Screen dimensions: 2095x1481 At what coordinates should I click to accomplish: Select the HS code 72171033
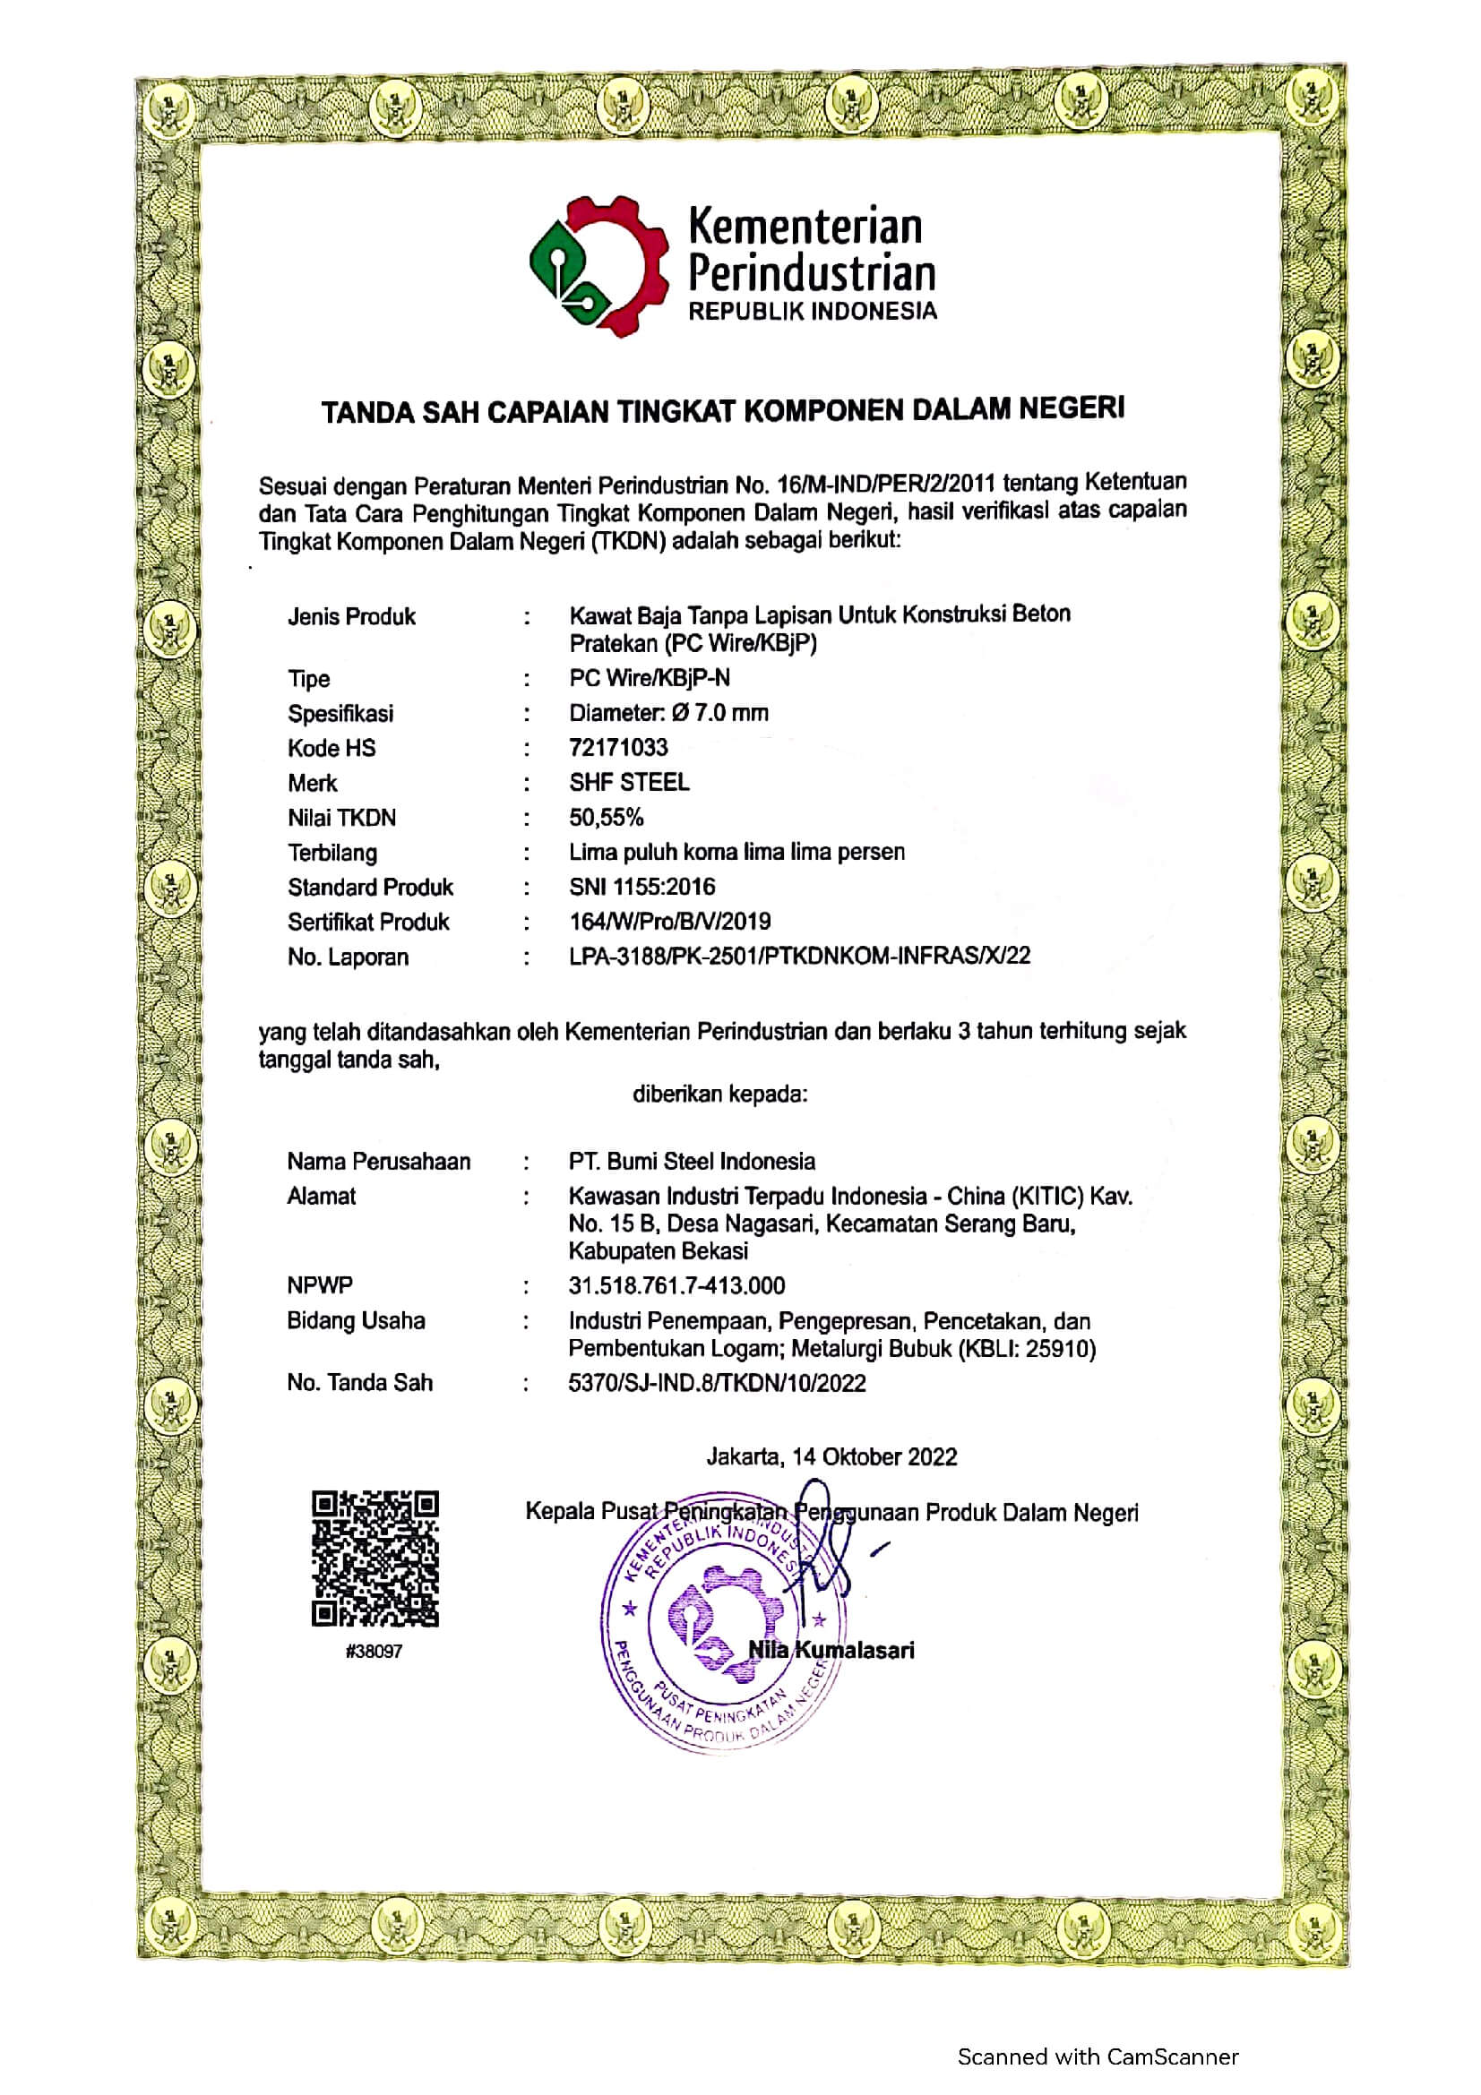(618, 747)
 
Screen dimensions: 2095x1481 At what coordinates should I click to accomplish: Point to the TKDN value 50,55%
(606, 817)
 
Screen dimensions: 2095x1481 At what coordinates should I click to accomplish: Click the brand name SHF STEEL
(629, 782)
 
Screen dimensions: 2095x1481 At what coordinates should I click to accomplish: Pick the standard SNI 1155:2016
(641, 886)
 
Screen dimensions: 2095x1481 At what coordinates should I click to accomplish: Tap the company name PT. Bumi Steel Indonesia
(691, 1161)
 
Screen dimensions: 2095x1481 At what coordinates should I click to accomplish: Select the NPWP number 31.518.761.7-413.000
(676, 1285)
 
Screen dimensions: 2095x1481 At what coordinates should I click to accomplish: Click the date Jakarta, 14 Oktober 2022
(831, 1456)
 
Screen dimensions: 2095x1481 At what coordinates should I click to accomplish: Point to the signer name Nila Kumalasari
(831, 1649)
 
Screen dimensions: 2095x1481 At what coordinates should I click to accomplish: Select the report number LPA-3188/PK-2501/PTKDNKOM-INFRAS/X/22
(799, 956)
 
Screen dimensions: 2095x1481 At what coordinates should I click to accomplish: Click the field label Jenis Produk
(351, 617)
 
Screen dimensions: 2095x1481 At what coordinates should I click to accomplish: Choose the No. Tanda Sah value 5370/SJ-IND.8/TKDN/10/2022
(717, 1382)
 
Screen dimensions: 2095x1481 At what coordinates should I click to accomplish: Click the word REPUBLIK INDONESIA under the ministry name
(812, 311)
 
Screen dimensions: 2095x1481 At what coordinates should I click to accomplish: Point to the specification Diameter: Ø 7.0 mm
(668, 713)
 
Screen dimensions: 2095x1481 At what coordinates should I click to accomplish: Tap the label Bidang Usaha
(356, 1320)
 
